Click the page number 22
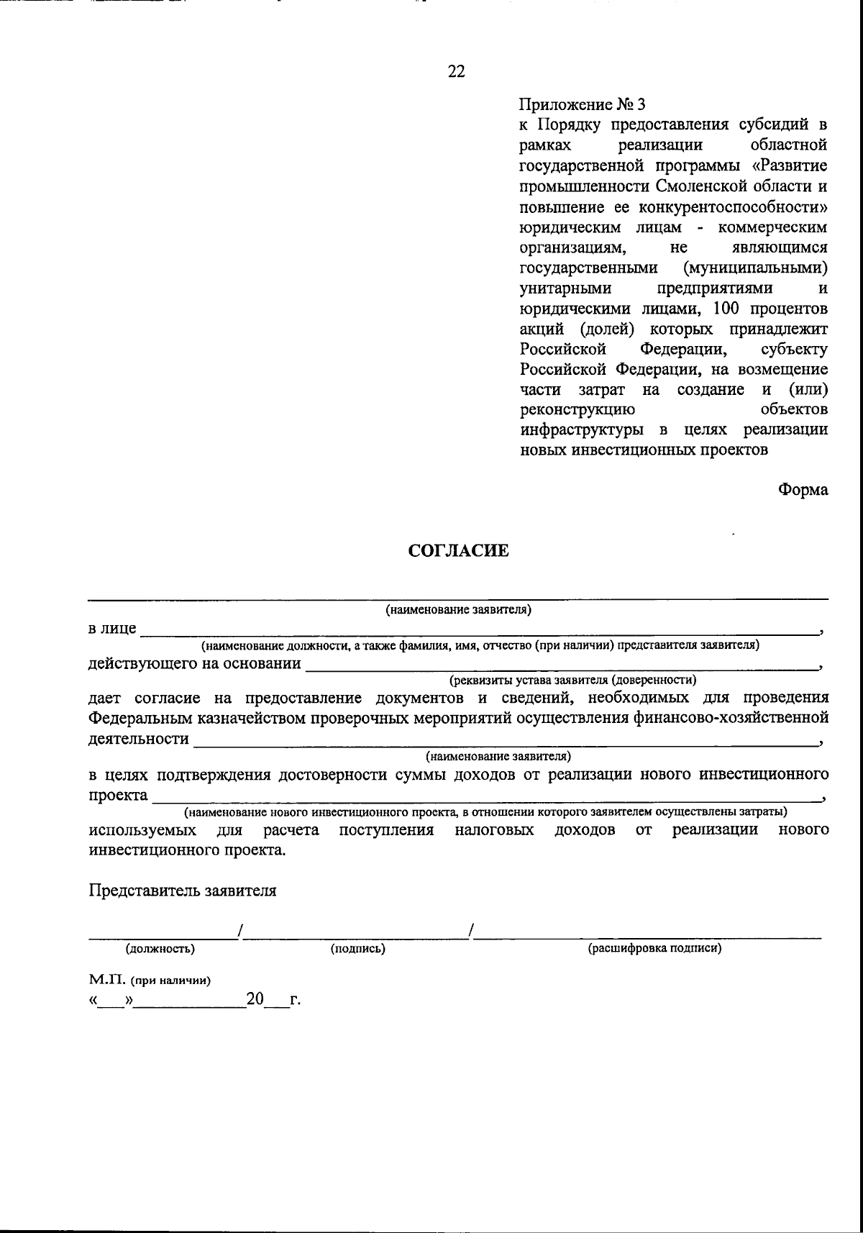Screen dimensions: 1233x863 [456, 71]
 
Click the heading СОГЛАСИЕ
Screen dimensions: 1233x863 [458, 551]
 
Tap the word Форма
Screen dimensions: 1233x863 [803, 490]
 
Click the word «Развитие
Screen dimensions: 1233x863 [788, 165]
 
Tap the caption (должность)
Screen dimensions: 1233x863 [160, 949]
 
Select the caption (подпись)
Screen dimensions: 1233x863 [357, 949]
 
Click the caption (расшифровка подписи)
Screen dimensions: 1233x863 [654, 949]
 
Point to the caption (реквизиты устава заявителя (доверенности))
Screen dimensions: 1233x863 [572, 679]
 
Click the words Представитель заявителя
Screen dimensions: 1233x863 [183, 891]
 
